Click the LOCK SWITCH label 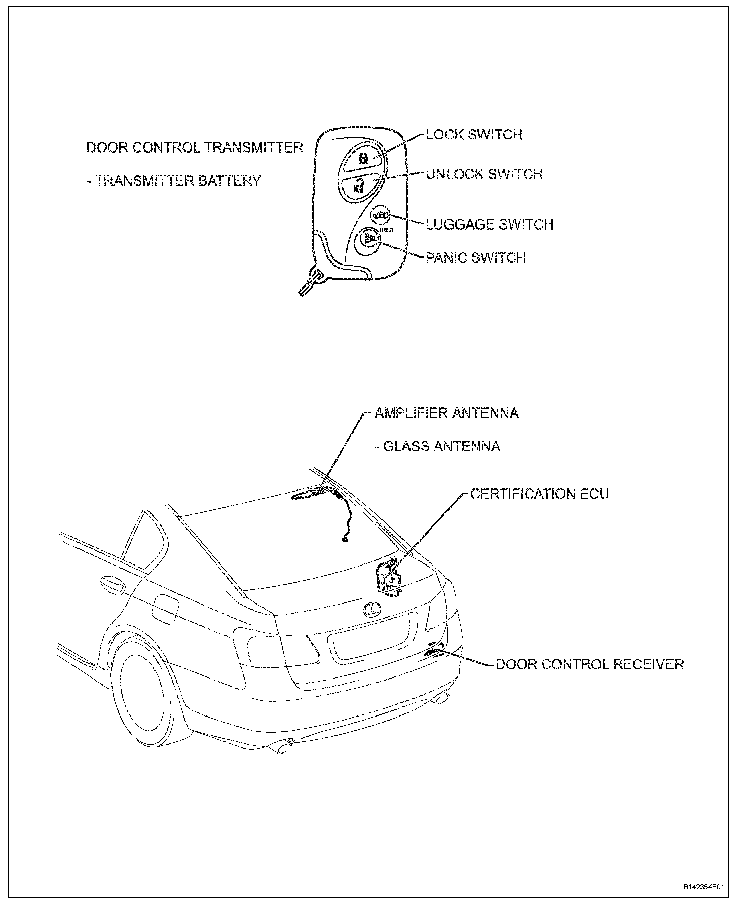pos(474,135)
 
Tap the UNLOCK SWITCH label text pos(484,174)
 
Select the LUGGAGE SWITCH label pos(490,224)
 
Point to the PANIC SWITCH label pos(475,258)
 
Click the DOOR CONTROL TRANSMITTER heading pos(195,147)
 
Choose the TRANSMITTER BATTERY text pos(174,181)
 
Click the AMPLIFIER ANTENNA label pos(446,413)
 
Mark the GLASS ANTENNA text pos(437,446)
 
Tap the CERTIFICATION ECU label pos(539,494)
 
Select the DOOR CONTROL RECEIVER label pos(590,664)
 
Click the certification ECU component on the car pos(390,578)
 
